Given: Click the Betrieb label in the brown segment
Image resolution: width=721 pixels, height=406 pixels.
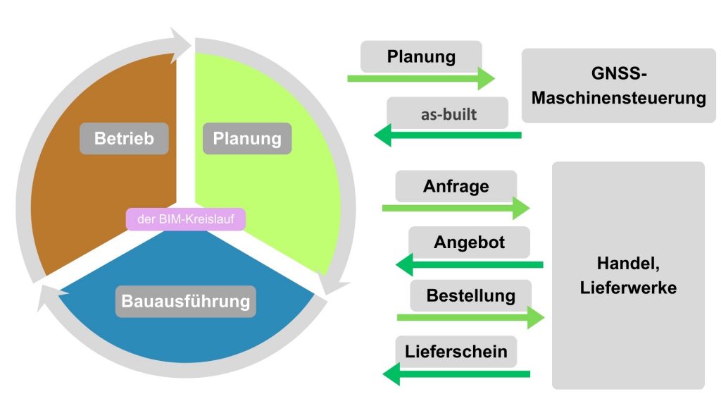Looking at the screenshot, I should pos(124,138).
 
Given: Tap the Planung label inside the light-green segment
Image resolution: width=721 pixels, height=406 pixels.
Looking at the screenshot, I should pos(246,138).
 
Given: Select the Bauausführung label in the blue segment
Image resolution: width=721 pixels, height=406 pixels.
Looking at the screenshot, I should pos(186,302).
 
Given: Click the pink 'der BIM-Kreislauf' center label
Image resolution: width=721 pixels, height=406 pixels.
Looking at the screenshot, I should pos(186,219).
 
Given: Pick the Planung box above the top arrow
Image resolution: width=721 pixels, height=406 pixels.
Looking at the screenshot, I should pos(421,56).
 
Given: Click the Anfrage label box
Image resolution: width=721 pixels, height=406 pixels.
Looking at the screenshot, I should pos(456,187).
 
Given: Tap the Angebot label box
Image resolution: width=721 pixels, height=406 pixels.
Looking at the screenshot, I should pos(469,242).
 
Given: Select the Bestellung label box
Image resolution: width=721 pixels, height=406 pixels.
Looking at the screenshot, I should pos(470,295).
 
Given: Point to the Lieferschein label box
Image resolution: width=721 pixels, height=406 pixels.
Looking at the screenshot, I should pos(456,351).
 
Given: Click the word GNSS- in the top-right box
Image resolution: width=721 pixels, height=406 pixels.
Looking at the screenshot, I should pos(618,73).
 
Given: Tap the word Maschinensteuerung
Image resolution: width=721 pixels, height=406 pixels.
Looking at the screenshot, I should pos(618,97).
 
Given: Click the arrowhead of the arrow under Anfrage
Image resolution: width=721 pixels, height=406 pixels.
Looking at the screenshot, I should pos(521,209).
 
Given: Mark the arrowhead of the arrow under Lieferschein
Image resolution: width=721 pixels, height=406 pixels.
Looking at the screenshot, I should pos(391,374).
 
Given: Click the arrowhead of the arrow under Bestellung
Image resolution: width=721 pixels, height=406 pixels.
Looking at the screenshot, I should pos(536,317).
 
